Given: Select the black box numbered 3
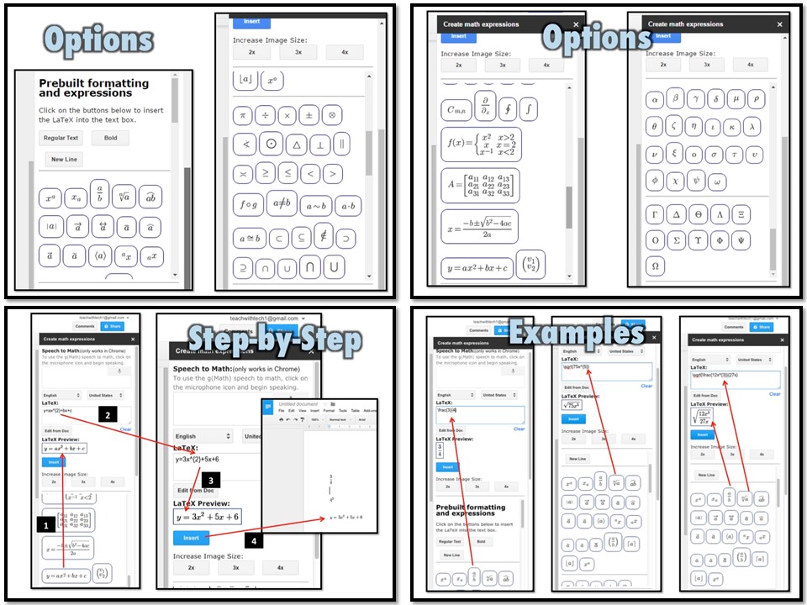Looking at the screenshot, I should click(x=214, y=480).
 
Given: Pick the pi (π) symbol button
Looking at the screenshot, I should click(x=244, y=115).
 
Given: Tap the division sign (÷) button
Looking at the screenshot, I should click(x=266, y=115).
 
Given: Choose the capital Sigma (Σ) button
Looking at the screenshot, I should click(x=677, y=240).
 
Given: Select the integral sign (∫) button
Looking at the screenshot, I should click(x=528, y=108).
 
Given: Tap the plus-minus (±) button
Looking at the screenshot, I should click(x=309, y=115).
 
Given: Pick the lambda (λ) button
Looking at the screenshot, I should click(x=752, y=127).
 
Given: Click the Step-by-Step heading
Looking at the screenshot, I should click(x=274, y=339).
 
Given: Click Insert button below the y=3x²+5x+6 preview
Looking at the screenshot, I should click(x=191, y=537).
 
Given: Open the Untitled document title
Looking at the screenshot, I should click(x=299, y=404).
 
